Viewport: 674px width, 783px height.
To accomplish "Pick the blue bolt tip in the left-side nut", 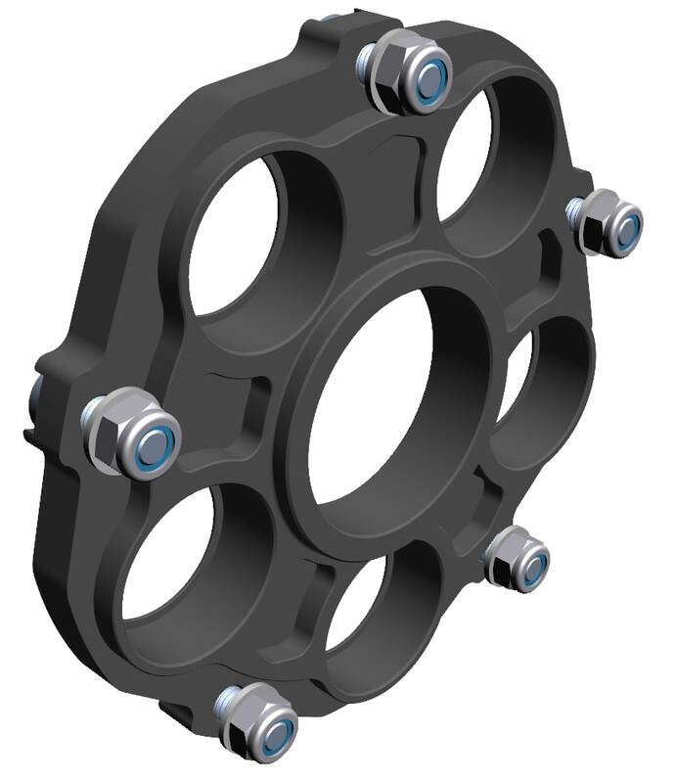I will pos(154,447).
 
